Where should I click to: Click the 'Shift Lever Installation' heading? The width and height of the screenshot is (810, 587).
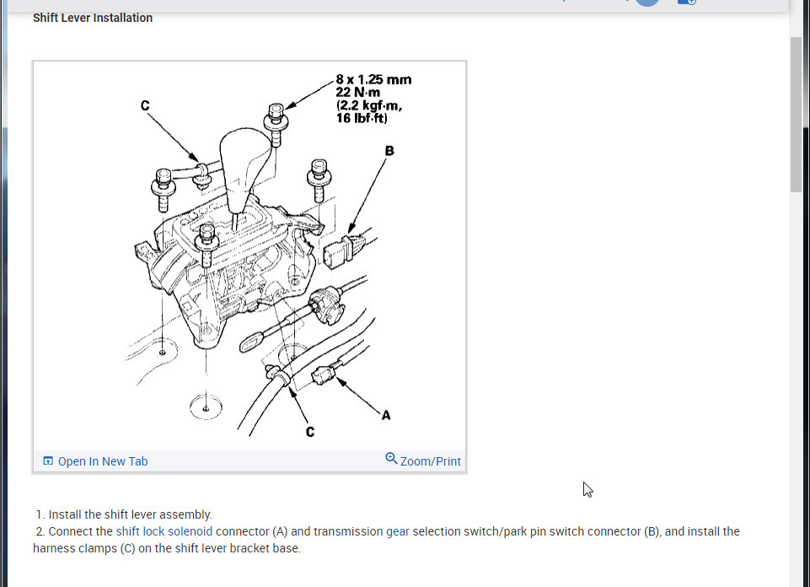click(x=93, y=18)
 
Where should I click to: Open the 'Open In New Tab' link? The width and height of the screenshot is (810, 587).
click(x=102, y=461)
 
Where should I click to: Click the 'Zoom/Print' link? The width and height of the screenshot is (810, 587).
click(x=431, y=461)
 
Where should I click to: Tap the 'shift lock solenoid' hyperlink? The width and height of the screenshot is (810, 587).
click(x=164, y=531)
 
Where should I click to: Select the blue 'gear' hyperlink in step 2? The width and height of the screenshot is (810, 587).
click(x=398, y=531)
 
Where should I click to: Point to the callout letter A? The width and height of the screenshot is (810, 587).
click(x=386, y=415)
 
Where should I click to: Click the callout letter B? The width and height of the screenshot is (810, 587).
click(x=389, y=150)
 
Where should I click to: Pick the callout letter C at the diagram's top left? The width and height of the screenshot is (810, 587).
click(x=145, y=105)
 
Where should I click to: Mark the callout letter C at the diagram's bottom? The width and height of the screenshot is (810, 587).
click(x=310, y=432)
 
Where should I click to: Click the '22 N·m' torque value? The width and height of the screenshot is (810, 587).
click(x=358, y=93)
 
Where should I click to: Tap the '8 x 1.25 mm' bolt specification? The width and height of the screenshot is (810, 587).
click(x=373, y=79)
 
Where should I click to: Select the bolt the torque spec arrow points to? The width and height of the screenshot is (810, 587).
click(x=276, y=124)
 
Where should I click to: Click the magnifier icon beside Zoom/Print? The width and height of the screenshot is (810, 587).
click(x=392, y=459)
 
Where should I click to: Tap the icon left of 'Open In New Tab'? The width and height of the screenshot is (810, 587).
click(x=48, y=461)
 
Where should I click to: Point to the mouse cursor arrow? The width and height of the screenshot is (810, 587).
click(x=587, y=489)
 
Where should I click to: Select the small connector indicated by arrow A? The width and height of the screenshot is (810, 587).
click(x=324, y=374)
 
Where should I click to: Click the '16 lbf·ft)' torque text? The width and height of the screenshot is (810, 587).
click(x=362, y=118)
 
